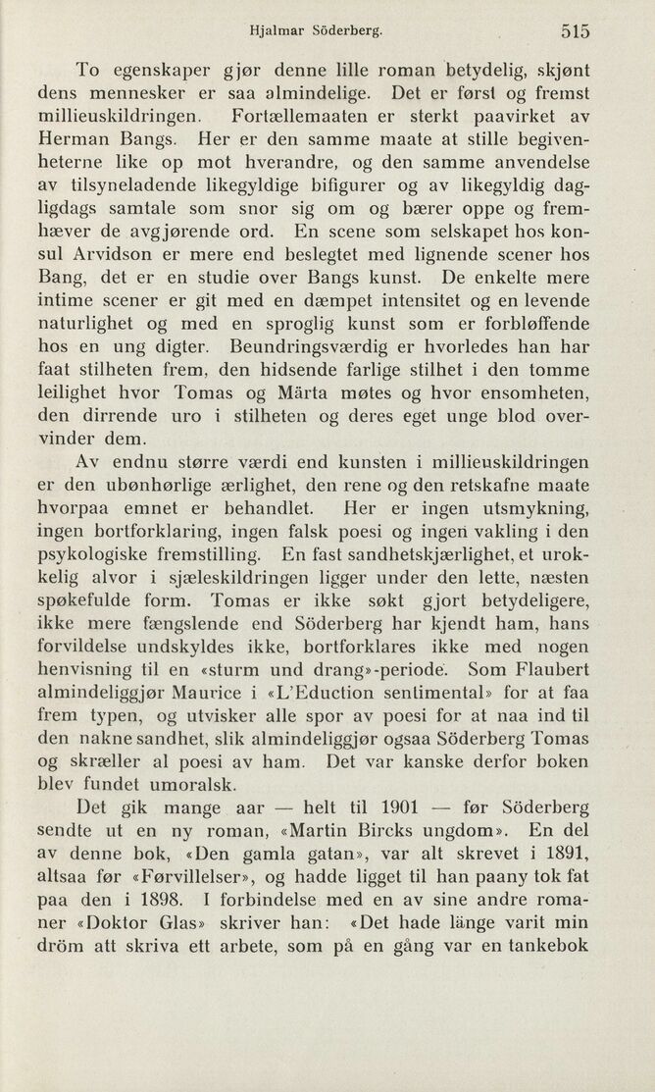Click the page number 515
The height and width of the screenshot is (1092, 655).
point(576,30)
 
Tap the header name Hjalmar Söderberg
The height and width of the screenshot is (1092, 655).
point(314,30)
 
